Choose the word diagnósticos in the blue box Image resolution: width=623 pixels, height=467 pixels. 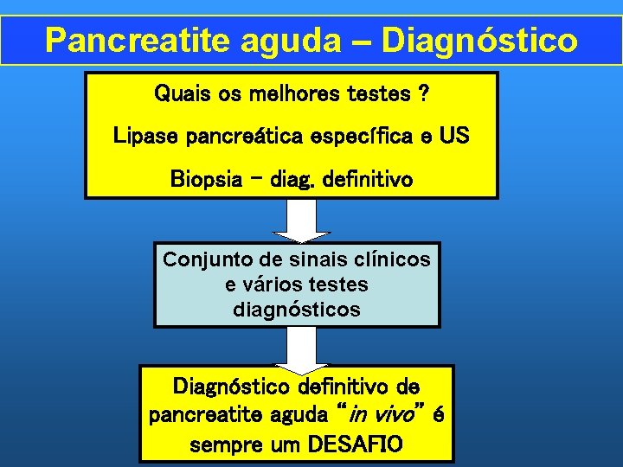297,309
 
